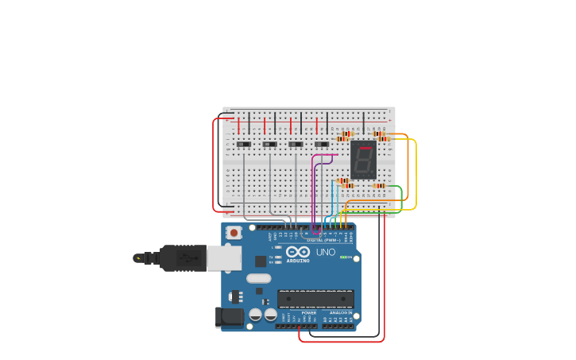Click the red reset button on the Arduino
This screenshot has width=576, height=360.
click(x=234, y=233)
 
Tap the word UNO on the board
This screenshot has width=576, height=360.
click(x=326, y=253)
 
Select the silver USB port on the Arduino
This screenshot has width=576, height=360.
click(x=224, y=257)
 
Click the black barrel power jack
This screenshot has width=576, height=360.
click(x=230, y=317)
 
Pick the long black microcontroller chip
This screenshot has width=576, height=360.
click(x=315, y=299)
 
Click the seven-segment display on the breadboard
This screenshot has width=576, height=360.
click(x=363, y=160)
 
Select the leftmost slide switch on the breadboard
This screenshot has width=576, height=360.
click(x=244, y=144)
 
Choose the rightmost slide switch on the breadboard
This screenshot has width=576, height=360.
click(x=322, y=144)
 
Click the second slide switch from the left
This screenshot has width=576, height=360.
click(x=270, y=144)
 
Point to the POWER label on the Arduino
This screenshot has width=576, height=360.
click(x=308, y=313)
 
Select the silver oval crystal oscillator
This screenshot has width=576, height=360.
click(x=258, y=278)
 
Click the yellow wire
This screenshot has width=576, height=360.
click(x=416, y=175)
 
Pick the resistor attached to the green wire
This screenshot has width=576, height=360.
click(x=379, y=186)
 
